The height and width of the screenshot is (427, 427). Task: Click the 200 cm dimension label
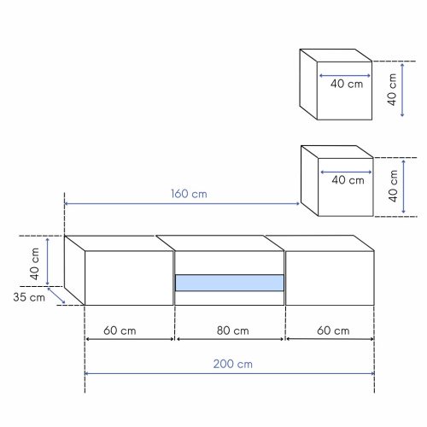tap(233, 364)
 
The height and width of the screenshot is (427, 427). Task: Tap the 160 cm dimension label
tap(189, 194)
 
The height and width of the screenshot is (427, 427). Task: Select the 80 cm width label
tap(233, 330)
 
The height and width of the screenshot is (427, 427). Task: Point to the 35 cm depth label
tap(29, 297)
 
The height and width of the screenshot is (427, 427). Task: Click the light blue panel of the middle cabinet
tap(230, 283)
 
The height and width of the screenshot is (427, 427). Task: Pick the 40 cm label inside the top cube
tap(347, 84)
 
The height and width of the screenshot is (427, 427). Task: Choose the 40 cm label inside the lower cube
tap(348, 180)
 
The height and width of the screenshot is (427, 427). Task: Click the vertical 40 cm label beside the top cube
tap(392, 90)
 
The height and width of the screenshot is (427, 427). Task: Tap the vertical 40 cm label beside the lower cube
tap(393, 186)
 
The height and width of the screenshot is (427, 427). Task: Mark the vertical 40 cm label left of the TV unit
tap(34, 264)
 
